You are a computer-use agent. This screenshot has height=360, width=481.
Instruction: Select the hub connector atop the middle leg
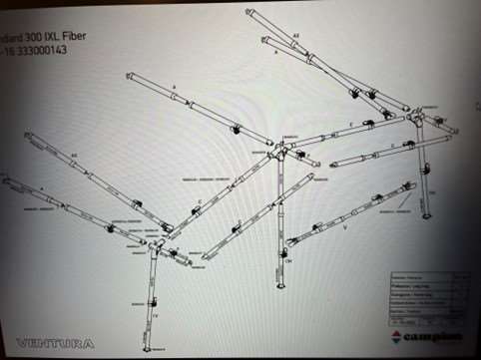point(283,150)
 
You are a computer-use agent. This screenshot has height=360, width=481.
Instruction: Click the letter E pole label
point(351,123)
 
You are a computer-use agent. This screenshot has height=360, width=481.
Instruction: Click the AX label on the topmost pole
point(295,35)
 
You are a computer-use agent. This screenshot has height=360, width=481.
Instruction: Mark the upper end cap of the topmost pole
point(249,12)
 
